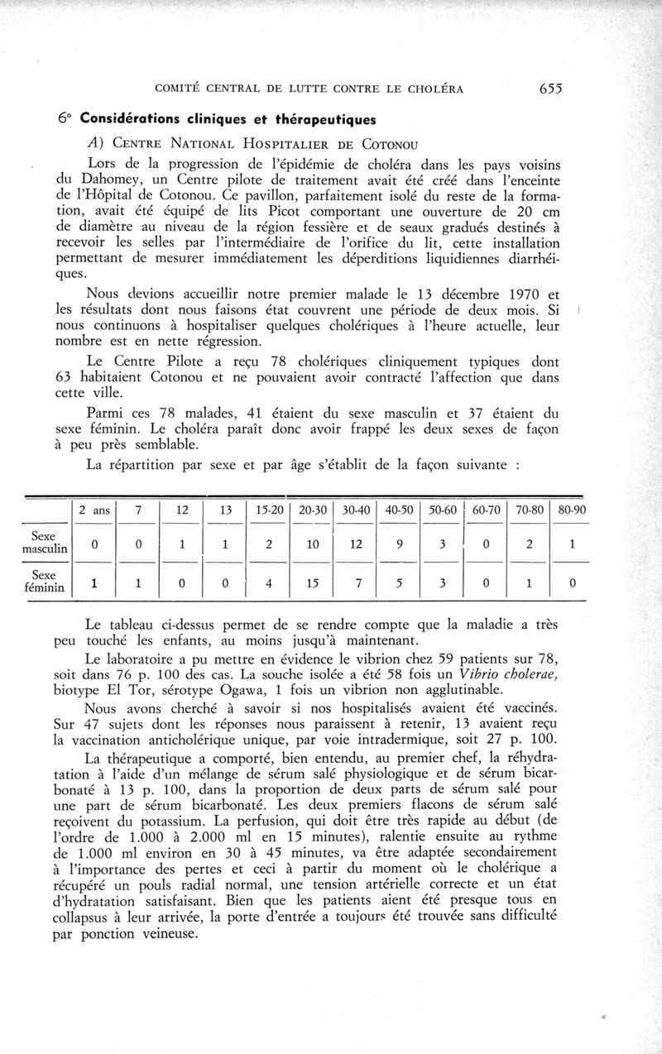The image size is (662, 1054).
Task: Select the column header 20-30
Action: tap(313, 510)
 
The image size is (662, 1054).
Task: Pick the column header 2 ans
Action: tap(94, 510)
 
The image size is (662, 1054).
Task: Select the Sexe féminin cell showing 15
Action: tap(313, 582)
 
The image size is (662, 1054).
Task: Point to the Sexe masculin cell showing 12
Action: tap(357, 544)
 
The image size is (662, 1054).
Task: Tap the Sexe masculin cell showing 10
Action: tap(313, 544)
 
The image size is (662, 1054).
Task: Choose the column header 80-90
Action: tap(573, 510)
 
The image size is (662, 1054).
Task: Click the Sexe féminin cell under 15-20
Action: tap(268, 582)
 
